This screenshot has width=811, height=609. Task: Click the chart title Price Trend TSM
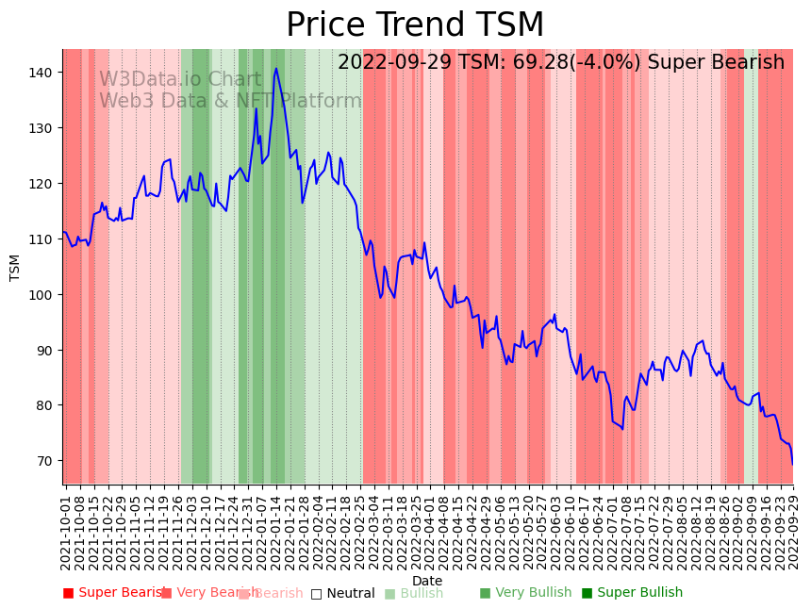click(x=415, y=25)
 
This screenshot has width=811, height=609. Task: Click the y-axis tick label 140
click(x=41, y=73)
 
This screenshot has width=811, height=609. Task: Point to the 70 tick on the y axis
click(x=45, y=461)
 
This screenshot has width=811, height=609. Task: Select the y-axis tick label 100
click(x=41, y=294)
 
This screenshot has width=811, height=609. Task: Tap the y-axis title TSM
click(x=15, y=267)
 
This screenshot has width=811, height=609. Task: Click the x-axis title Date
click(x=427, y=581)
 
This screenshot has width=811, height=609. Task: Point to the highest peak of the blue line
click(x=276, y=68)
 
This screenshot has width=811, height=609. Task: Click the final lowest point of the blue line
click(x=792, y=464)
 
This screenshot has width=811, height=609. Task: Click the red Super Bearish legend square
click(x=68, y=593)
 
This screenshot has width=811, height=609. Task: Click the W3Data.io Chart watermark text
click(x=180, y=80)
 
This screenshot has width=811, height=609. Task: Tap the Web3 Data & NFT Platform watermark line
click(x=230, y=101)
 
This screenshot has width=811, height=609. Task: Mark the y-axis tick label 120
click(x=41, y=183)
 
